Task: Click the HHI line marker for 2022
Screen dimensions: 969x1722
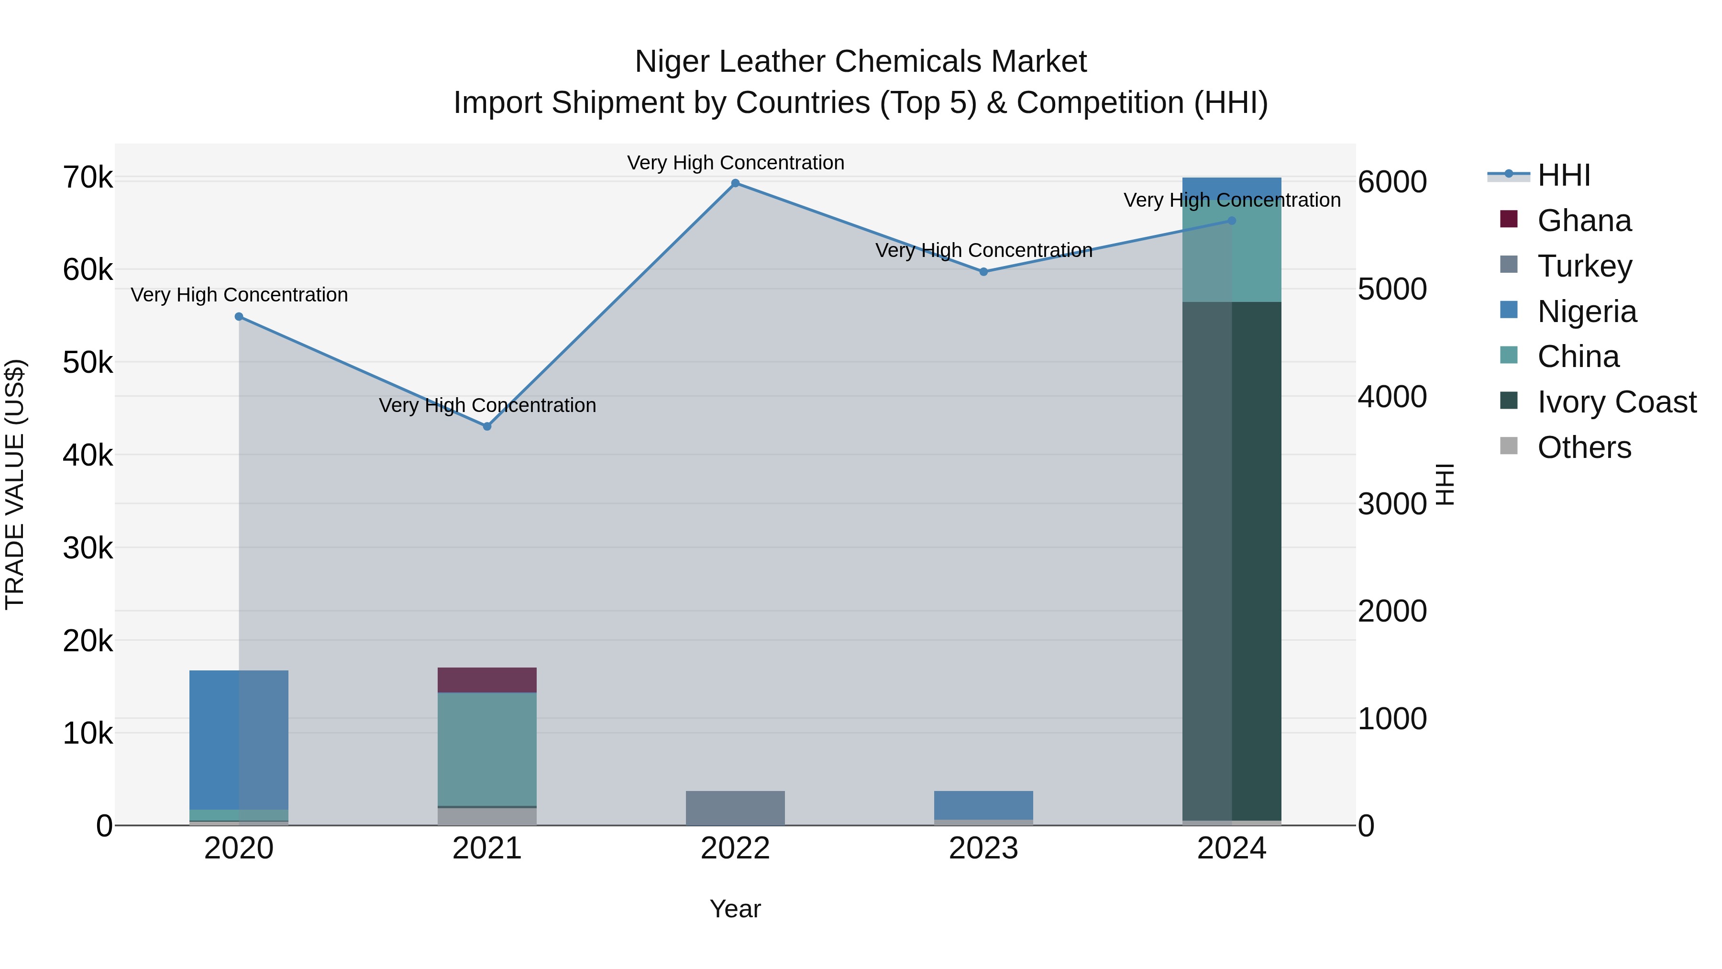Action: pyautogui.click(x=735, y=183)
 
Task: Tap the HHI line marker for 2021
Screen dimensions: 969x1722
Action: pyautogui.click(x=487, y=427)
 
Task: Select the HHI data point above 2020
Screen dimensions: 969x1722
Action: pyautogui.click(x=239, y=317)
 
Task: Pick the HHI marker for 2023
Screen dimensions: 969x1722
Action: pyautogui.click(x=983, y=272)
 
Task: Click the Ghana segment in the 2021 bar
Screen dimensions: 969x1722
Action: pyautogui.click(x=487, y=680)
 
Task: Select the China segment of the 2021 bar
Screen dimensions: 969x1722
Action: pyautogui.click(x=487, y=749)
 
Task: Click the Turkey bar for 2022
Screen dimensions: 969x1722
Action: pyautogui.click(x=735, y=808)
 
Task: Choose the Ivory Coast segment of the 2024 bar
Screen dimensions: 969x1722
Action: pyautogui.click(x=1232, y=562)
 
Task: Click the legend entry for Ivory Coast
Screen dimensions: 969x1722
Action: pyautogui.click(x=1616, y=402)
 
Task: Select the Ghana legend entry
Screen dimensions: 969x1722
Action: pyautogui.click(x=1584, y=221)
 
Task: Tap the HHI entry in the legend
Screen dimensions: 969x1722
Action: pyautogui.click(x=1564, y=175)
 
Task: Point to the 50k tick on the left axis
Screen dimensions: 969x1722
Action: pyautogui.click(x=88, y=363)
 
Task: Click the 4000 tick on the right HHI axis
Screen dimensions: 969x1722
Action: pyautogui.click(x=1392, y=397)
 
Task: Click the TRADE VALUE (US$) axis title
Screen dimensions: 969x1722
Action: pyautogui.click(x=15, y=484)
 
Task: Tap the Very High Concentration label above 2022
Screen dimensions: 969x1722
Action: pyautogui.click(x=735, y=163)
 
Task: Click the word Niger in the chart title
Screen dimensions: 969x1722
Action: pyautogui.click(x=673, y=62)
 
